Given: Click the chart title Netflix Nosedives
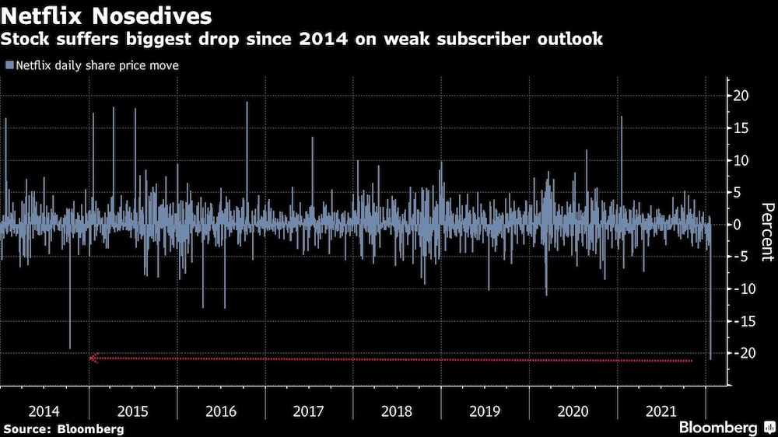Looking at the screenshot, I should click(107, 16).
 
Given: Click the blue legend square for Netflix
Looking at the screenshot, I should click(9, 66).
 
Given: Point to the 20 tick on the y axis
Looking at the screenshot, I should click(741, 96).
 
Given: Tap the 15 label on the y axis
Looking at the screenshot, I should click(741, 128).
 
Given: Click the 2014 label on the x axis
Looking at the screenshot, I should click(44, 411).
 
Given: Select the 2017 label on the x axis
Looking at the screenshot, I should click(309, 411).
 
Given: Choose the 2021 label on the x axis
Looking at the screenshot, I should click(661, 411).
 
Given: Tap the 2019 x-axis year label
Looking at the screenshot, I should click(485, 411).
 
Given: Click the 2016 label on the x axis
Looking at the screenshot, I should click(221, 411).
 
